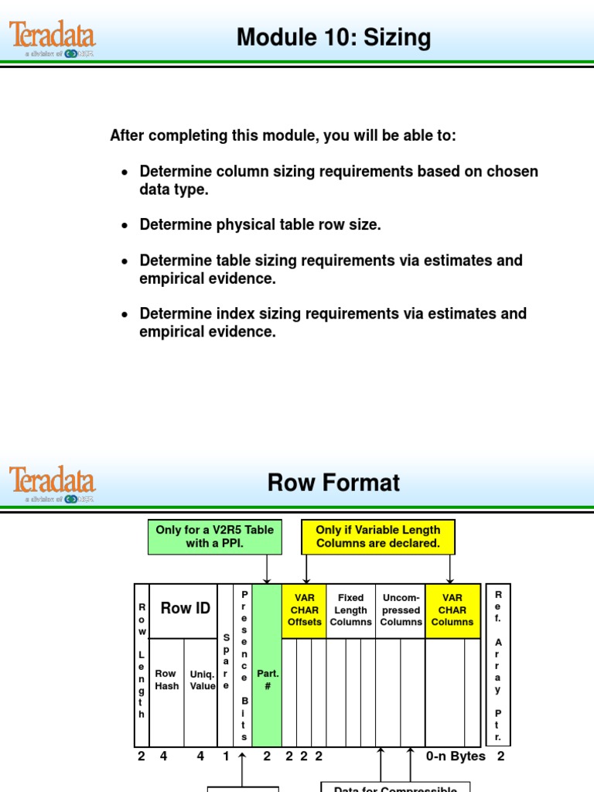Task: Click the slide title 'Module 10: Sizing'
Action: click(x=333, y=38)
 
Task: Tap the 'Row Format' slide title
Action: click(x=333, y=483)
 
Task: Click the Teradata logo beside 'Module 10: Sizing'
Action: click(x=53, y=38)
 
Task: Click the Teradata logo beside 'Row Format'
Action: click(x=53, y=483)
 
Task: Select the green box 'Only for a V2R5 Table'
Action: click(x=214, y=537)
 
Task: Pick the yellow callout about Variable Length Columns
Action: click(x=377, y=537)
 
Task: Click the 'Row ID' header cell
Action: click(x=186, y=609)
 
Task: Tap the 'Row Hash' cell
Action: click(x=166, y=680)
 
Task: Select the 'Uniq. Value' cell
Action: click(x=203, y=680)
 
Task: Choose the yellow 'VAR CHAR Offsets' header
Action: click(x=304, y=610)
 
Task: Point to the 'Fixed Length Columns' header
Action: click(x=350, y=610)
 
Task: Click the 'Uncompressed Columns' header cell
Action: click(x=401, y=610)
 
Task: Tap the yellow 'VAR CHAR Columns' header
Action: click(x=452, y=610)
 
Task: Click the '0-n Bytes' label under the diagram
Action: click(x=456, y=756)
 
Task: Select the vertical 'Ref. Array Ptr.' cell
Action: click(x=498, y=665)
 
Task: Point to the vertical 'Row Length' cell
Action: click(x=142, y=665)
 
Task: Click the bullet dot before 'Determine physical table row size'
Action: click(x=125, y=226)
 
